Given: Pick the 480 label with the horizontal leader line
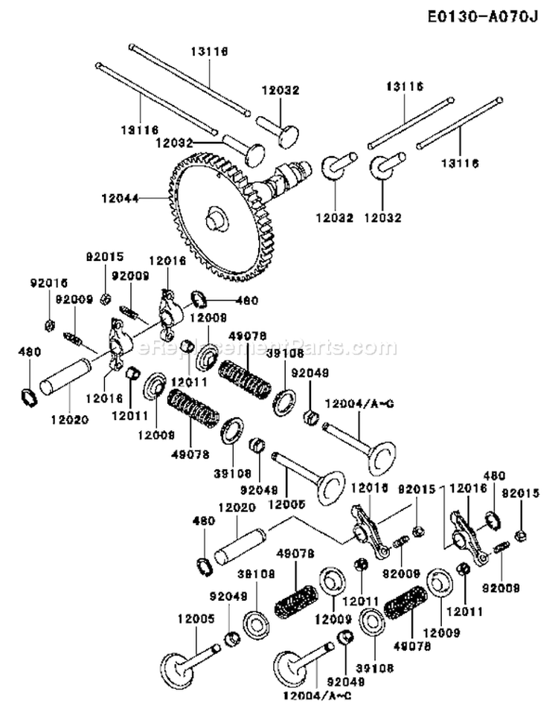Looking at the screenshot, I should pyautogui.click(x=246, y=301).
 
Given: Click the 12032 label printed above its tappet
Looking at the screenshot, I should pyautogui.click(x=280, y=90).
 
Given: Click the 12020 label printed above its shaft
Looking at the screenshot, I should pyautogui.click(x=237, y=507).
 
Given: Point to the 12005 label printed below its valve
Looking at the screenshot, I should pyautogui.click(x=286, y=504).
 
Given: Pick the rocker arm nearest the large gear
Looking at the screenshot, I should pyautogui.click(x=167, y=306).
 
